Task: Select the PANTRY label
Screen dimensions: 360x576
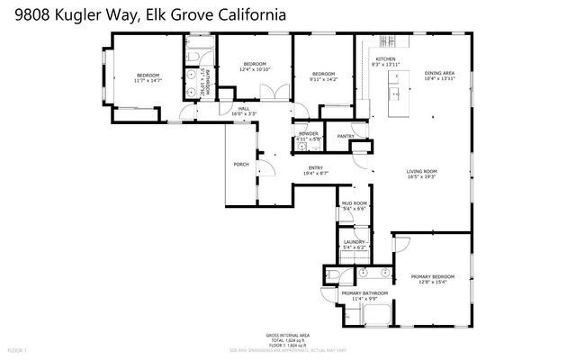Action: pyautogui.click(x=346, y=136)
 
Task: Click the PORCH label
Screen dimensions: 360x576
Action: pyautogui.click(x=241, y=165)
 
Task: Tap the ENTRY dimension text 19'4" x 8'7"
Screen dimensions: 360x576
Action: pyautogui.click(x=316, y=173)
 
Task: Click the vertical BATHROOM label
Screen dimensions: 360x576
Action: pyautogui.click(x=208, y=82)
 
